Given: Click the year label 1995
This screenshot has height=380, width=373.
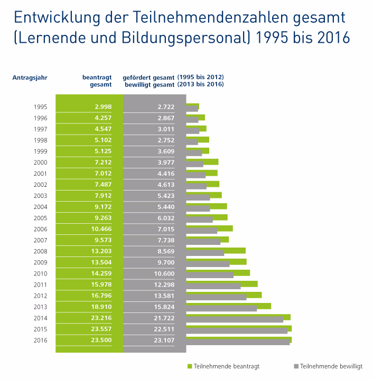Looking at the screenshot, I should pos(40,107).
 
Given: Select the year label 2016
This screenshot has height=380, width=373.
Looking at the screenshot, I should pos(40,340).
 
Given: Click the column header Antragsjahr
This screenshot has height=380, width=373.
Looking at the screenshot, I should pos(30,78).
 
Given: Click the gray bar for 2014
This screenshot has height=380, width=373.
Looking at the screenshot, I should pos(235,320).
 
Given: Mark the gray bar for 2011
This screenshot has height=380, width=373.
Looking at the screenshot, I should pos(213,286).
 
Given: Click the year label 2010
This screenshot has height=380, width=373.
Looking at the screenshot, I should pos(40,274).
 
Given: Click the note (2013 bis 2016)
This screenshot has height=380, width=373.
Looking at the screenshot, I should pos(200,84).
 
